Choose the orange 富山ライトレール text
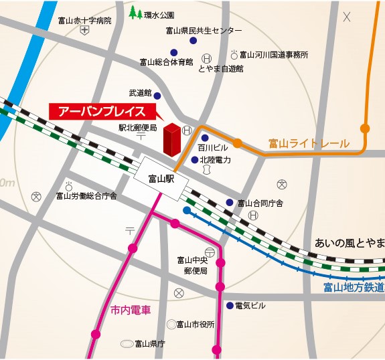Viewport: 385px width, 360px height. click(309, 143)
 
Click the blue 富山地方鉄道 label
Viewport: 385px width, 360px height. click(353, 288)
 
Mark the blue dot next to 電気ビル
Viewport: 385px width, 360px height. click(228, 306)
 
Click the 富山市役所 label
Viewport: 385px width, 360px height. click(195, 324)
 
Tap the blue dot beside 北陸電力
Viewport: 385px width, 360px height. click(195, 160)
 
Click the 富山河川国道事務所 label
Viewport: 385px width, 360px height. click(274, 54)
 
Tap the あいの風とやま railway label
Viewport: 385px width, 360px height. click(349, 242)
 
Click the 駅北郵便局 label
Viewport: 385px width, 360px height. click(138, 127)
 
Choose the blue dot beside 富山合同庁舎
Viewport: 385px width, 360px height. click(230, 202)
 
